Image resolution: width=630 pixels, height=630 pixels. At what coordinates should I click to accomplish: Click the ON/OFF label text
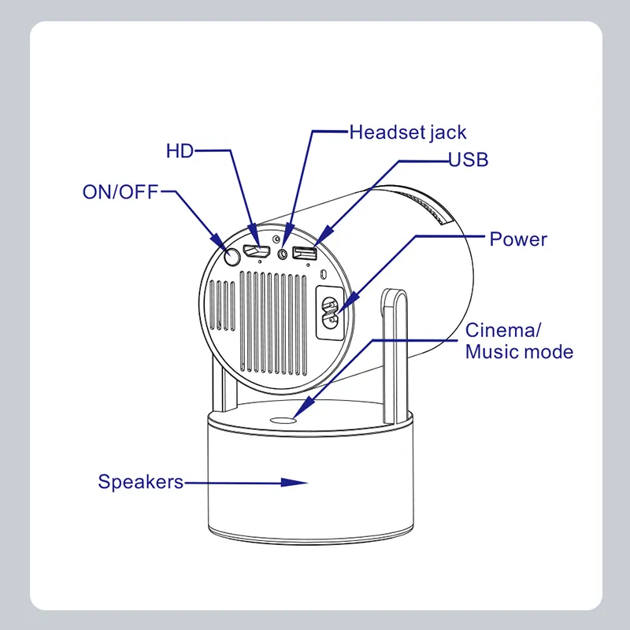click(x=120, y=191)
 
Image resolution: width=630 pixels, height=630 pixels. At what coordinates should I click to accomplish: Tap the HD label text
click(x=180, y=150)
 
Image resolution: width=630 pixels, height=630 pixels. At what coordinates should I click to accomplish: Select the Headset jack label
click(x=407, y=132)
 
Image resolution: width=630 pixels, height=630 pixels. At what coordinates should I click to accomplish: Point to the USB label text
click(x=469, y=160)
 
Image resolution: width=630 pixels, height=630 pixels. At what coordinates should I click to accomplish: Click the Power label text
click(x=517, y=239)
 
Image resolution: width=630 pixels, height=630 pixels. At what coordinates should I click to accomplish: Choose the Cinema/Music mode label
click(x=518, y=340)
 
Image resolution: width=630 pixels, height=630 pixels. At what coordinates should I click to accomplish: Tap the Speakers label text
click(x=140, y=481)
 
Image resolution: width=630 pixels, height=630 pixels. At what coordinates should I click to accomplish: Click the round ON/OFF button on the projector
click(x=232, y=257)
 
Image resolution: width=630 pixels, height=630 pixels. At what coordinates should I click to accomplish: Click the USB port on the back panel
click(x=304, y=254)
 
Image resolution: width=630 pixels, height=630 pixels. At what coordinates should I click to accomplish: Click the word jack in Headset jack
click(x=448, y=132)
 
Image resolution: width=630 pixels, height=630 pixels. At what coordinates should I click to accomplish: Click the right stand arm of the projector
click(x=395, y=354)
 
